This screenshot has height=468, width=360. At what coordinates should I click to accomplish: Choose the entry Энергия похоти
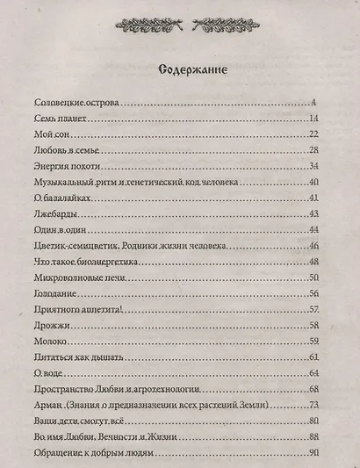pos(65,167)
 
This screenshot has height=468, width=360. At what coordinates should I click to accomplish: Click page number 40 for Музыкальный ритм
pos(312,183)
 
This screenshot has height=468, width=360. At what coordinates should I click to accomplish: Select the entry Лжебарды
pos(53,214)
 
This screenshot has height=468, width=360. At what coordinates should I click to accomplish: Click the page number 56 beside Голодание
pos(312,294)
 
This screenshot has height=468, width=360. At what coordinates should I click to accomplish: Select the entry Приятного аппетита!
pos(75,310)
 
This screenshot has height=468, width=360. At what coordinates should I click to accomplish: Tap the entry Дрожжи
pos(50,326)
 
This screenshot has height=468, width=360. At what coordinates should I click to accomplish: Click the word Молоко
pos(49,342)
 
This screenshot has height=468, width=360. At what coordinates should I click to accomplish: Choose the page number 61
pos(312,357)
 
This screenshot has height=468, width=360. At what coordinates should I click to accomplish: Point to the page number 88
pos(312,436)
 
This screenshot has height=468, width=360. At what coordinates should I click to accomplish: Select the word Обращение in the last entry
pos(58,453)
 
